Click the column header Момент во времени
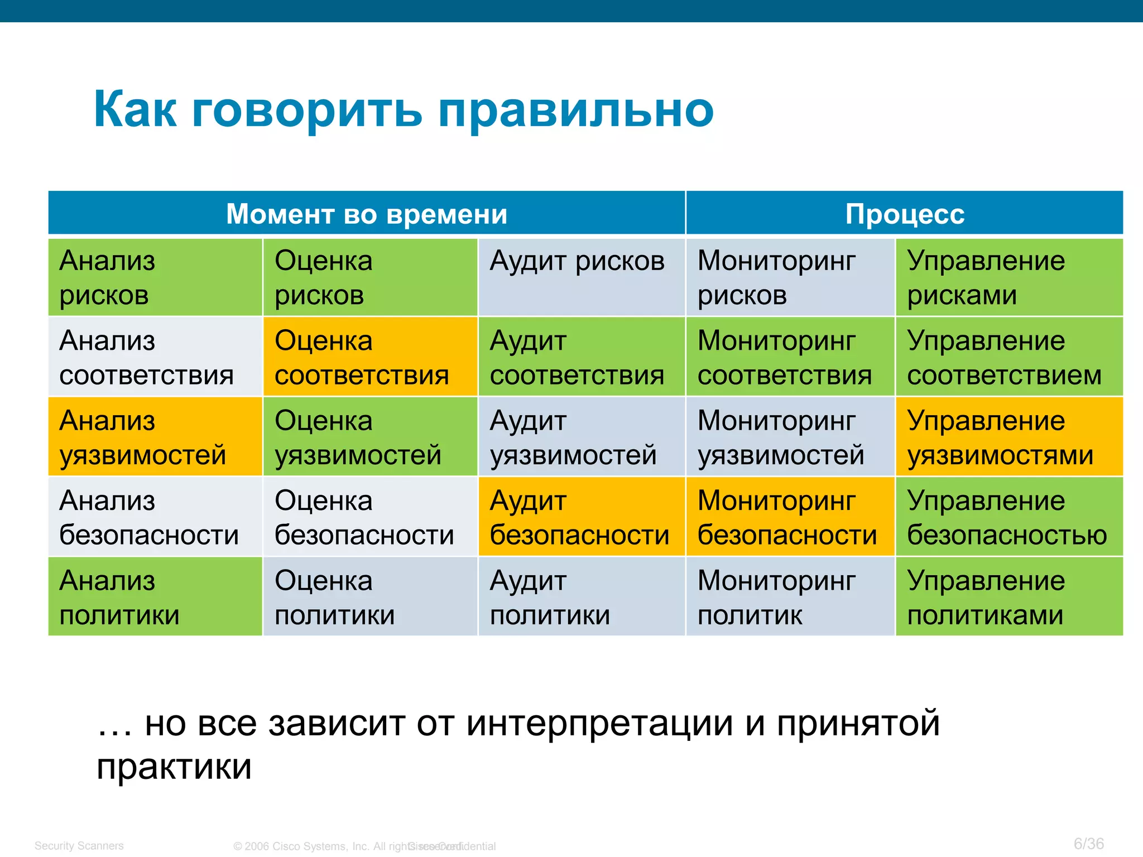367,214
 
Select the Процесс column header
904,214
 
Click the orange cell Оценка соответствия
370,357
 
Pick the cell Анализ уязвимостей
155,437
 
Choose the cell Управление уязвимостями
1009,437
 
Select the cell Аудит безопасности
581,517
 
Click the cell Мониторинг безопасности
790,517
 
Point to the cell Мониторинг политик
790,597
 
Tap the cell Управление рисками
1009,277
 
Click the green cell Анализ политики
155,597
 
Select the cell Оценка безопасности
370,517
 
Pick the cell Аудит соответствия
581,357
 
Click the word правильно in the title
576,110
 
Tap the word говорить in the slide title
307,110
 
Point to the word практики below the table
174,767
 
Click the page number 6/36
1088,843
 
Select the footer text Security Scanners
79,845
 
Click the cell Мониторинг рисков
790,277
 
